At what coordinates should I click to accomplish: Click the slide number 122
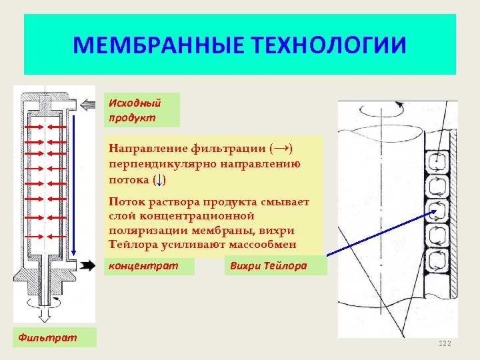(x=445, y=343)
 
